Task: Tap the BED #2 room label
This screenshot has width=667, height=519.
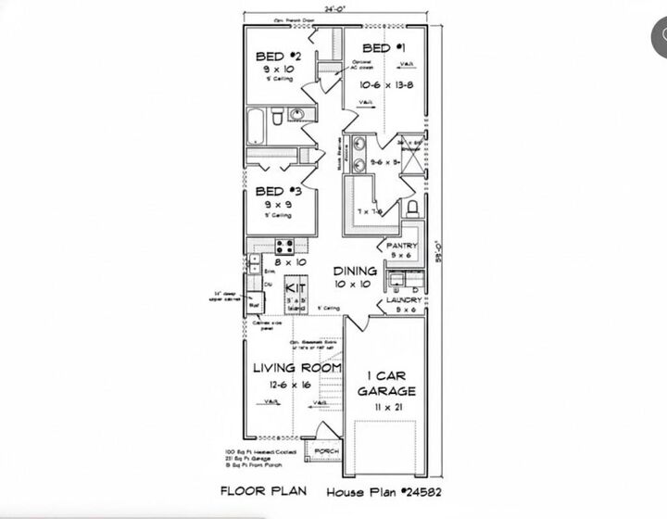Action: pos(275,57)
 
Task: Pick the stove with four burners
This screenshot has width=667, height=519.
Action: pos(284,247)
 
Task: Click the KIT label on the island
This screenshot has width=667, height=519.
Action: pos(295,289)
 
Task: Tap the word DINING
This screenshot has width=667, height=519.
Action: pos(356,272)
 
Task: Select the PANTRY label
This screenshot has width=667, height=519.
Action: pos(403,246)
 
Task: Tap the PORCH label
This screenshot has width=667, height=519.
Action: pos(327,451)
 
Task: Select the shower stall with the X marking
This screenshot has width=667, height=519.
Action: pos(412,153)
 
